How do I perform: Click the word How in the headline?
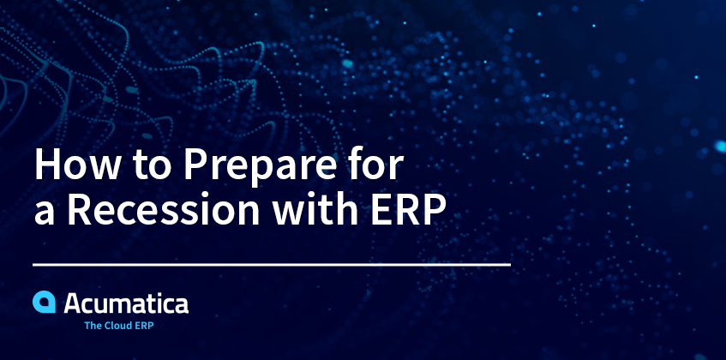click(x=76, y=165)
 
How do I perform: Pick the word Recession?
click(x=164, y=210)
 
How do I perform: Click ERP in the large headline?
click(x=409, y=210)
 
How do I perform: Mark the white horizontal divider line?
click(x=272, y=265)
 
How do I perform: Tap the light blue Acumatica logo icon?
click(x=44, y=302)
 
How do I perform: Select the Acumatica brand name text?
click(x=126, y=303)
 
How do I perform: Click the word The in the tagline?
click(x=93, y=326)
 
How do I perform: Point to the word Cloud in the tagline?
click(x=119, y=326)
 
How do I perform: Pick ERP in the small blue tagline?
click(x=146, y=326)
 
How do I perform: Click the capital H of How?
click(x=48, y=165)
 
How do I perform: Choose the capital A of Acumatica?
click(x=74, y=303)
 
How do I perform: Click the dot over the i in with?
click(x=314, y=196)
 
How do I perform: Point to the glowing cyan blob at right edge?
click(x=721, y=147)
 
